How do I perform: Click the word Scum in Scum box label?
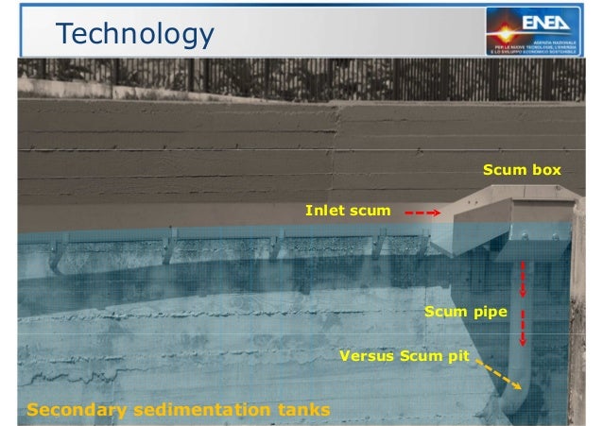(503, 171)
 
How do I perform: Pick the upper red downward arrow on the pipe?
(522, 279)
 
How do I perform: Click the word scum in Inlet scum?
(370, 210)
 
